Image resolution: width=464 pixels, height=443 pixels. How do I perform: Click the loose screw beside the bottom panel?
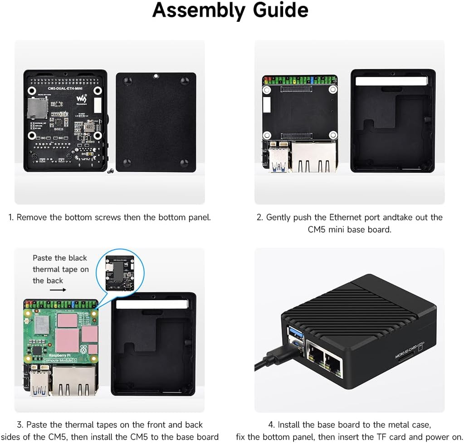(x=110, y=171)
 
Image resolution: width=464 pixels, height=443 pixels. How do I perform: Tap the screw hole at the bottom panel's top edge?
(x=156, y=76)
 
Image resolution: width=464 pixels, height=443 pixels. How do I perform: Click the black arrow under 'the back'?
(x=57, y=289)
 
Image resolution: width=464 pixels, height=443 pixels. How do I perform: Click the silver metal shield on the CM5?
(x=42, y=323)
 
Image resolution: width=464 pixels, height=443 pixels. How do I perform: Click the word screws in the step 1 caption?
(x=108, y=217)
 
